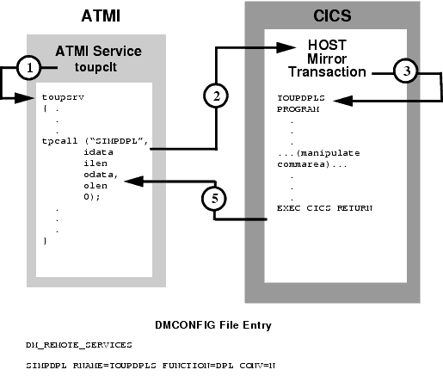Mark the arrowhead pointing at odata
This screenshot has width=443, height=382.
point(132,180)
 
